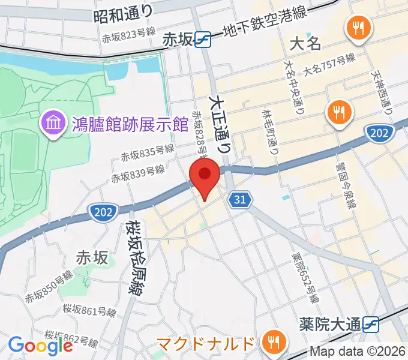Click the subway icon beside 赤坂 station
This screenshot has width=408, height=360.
pyautogui.click(x=202, y=40)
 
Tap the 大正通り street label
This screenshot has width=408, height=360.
pyautogui.click(x=220, y=123)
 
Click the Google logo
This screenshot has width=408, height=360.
pyautogui.click(x=40, y=346)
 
